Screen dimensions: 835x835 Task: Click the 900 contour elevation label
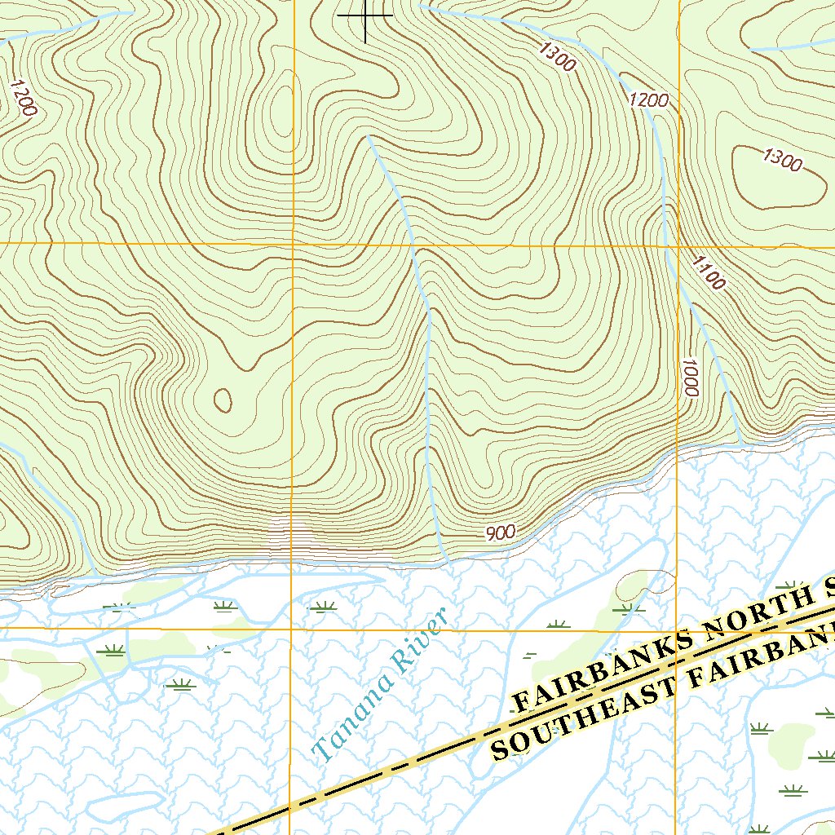click(501, 533)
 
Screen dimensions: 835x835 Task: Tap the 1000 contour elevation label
click(690, 378)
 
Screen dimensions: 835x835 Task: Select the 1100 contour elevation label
click(708, 272)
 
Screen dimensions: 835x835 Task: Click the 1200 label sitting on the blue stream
click(649, 100)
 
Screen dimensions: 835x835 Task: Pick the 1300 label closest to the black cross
click(557, 56)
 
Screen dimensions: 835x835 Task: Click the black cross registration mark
click(364, 15)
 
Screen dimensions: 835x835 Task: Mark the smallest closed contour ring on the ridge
click(222, 400)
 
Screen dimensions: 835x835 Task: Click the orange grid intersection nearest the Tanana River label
click(292, 630)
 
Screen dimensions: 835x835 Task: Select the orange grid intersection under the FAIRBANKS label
click(677, 630)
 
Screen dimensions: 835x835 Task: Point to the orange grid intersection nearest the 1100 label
click(678, 245)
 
